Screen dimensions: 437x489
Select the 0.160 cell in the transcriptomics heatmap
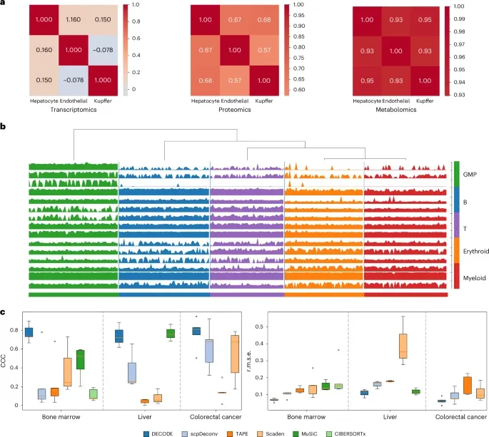point(26,71)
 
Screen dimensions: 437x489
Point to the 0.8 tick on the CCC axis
point(17,330)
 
